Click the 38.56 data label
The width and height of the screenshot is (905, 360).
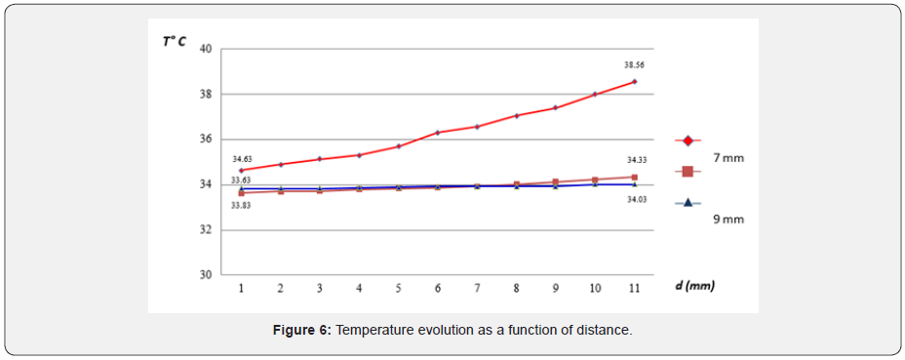tap(634, 65)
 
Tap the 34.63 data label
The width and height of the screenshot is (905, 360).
tap(241, 158)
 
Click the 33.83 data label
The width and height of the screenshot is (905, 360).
tap(241, 206)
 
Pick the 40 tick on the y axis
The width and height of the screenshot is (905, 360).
tap(206, 49)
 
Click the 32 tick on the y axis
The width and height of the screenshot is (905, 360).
tap(206, 230)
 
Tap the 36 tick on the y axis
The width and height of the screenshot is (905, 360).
tap(206, 140)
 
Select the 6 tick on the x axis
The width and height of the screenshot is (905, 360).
tap(438, 289)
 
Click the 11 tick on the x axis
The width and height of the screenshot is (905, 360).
tap(634, 289)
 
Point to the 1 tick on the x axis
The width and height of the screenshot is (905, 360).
tap(241, 289)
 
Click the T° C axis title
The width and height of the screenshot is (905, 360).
tap(175, 41)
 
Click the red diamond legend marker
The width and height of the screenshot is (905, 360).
tap(688, 140)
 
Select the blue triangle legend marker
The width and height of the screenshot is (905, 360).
tap(688, 203)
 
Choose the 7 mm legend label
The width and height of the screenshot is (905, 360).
tap(728, 157)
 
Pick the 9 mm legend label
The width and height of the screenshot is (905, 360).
tap(728, 220)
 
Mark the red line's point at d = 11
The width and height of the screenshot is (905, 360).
tap(634, 81)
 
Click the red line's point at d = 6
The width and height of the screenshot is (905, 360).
tap(438, 133)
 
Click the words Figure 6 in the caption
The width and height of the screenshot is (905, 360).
tap(302, 331)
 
